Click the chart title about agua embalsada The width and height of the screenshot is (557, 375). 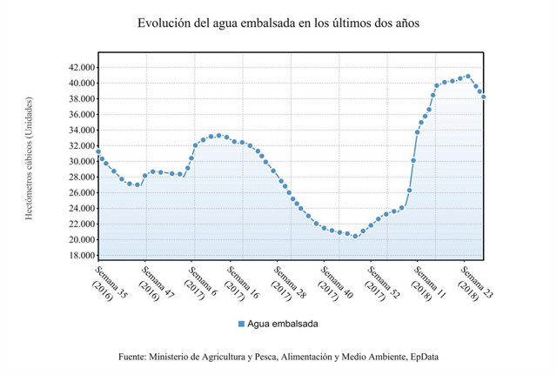tap(278, 23)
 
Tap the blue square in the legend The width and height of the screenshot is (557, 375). tap(241, 324)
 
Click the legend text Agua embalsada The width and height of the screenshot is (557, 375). tap(283, 324)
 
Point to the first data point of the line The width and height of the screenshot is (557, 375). tap(98, 151)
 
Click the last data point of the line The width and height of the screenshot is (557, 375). tap(483, 97)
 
